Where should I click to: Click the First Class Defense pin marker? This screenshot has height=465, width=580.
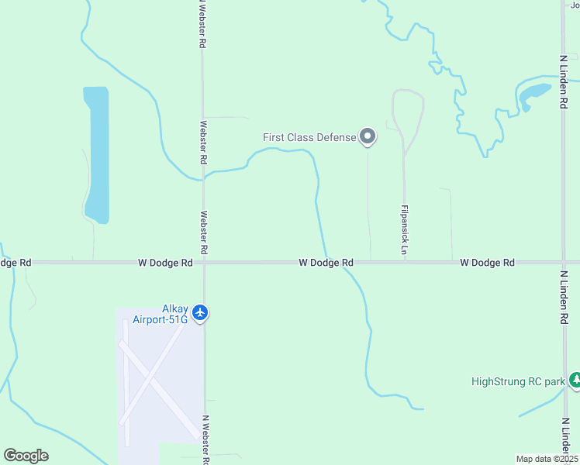tap(368, 137)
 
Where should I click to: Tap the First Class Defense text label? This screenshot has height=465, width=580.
tap(309, 137)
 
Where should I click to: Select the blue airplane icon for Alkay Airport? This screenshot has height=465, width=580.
tap(201, 312)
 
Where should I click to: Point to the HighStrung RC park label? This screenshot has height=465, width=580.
tap(518, 381)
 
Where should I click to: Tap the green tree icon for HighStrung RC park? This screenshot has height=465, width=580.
tap(575, 381)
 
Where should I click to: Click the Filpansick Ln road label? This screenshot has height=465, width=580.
tap(404, 230)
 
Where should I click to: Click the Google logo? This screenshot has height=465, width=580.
tap(26, 456)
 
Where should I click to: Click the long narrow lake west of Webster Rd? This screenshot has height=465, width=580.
tap(96, 155)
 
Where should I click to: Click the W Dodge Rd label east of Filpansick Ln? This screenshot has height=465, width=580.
tap(487, 263)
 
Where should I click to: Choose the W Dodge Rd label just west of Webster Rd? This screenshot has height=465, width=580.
tap(165, 263)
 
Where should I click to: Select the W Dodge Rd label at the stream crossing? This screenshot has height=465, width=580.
tap(326, 263)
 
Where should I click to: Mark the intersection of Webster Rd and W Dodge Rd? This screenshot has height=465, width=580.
tap(204, 263)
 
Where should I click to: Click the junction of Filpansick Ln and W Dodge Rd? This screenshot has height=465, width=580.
tap(404, 263)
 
